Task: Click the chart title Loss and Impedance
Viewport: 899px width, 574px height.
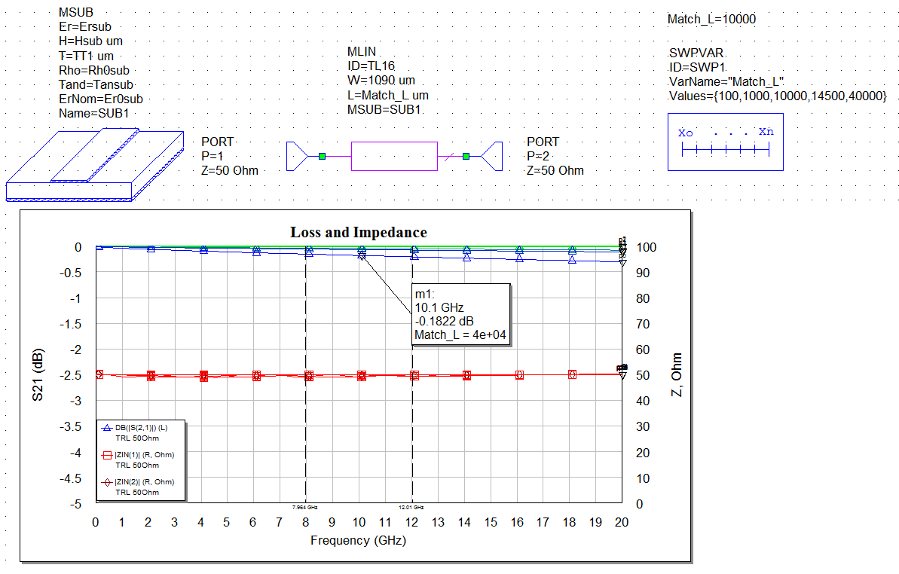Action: pos(359,233)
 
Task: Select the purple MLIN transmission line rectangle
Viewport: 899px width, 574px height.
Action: pos(394,156)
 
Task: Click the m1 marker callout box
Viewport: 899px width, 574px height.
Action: pos(461,315)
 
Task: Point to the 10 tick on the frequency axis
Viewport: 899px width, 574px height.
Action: pos(359,523)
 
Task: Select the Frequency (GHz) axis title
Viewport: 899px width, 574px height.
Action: pos(358,540)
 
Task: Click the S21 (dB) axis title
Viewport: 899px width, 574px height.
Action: pos(38,375)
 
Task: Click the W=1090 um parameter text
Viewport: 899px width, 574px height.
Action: pos(381,81)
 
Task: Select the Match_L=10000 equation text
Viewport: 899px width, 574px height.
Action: pos(711,20)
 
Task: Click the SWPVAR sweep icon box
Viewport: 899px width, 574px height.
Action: pos(725,142)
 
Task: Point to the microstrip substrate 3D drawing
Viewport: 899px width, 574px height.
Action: pos(94,164)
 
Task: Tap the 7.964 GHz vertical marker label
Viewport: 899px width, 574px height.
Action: pos(305,508)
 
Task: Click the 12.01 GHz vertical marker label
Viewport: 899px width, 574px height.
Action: pos(411,508)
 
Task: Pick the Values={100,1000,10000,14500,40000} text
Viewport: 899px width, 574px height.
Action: pos(778,96)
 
